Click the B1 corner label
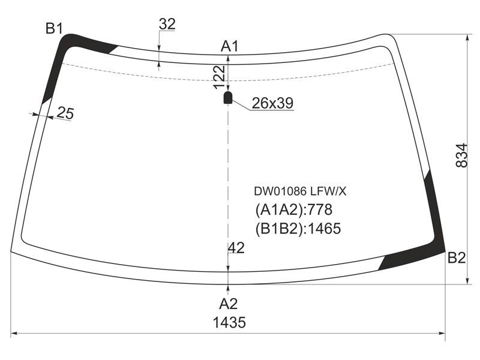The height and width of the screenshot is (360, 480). tap(54, 29)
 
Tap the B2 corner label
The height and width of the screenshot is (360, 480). tap(457, 258)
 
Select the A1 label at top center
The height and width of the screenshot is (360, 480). tap(229, 46)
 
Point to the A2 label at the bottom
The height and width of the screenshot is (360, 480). tap(229, 304)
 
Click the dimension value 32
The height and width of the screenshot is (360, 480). tap(167, 24)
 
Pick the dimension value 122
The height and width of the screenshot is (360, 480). tap(219, 77)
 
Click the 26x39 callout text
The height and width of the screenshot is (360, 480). tap(272, 103)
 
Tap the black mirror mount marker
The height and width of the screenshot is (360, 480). tap(228, 97)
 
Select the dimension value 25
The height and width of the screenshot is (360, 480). tap(65, 113)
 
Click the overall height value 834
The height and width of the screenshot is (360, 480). tap(461, 155)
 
